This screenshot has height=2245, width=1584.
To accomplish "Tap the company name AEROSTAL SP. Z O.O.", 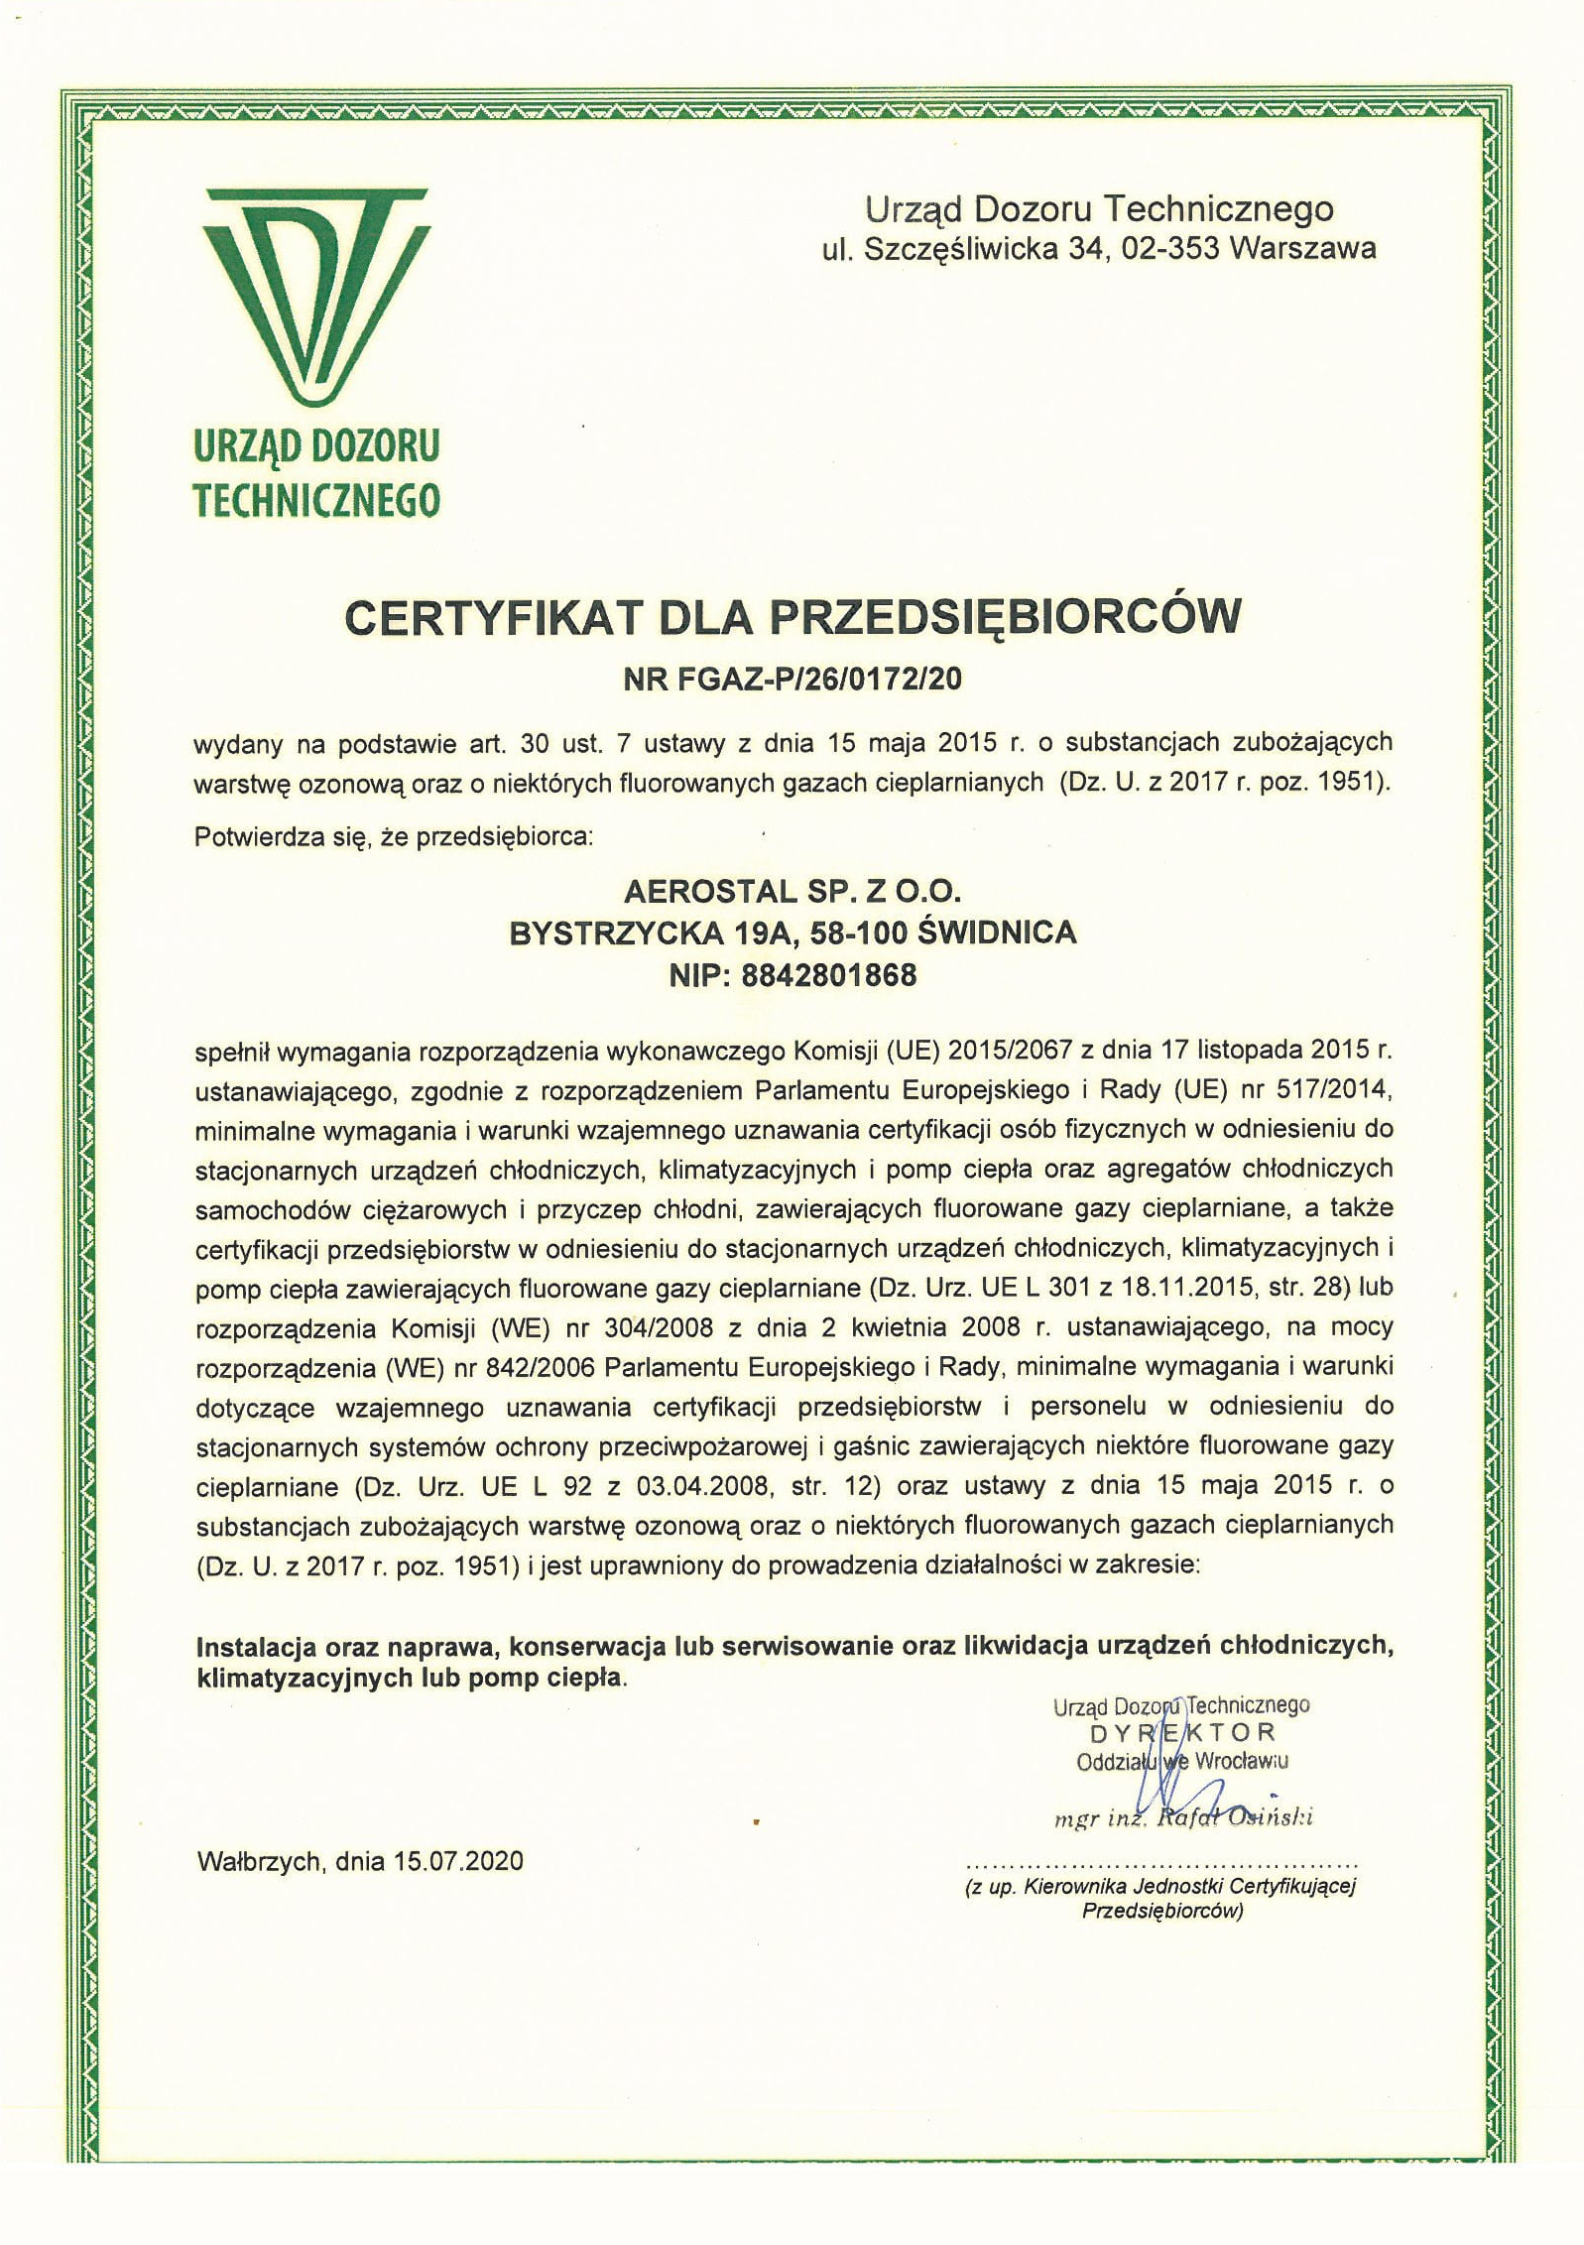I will point(792,891).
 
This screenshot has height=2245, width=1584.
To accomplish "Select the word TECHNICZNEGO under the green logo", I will point(316,499).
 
